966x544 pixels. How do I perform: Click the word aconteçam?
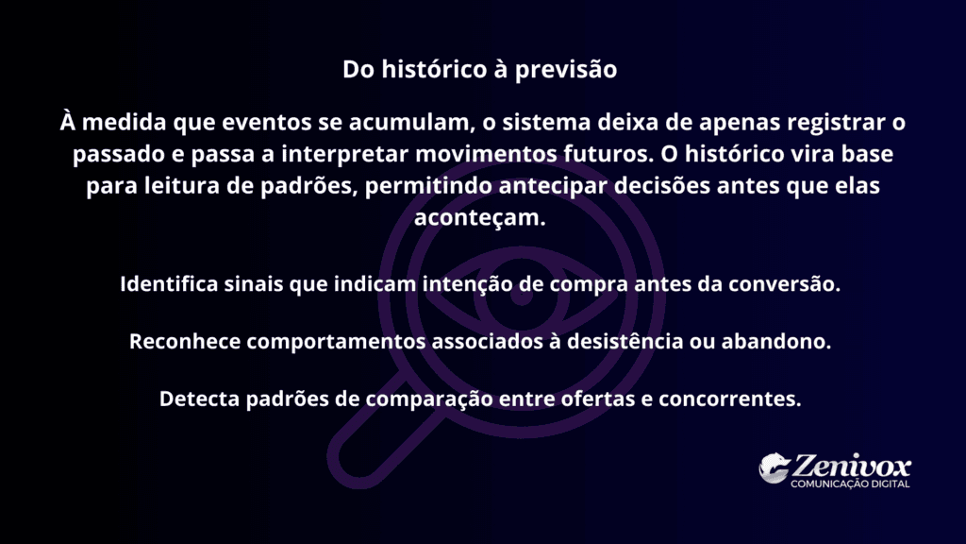pyautogui.click(x=481, y=217)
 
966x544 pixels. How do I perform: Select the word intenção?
pyautogui.click(x=470, y=284)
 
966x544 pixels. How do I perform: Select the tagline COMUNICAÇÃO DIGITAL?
pyautogui.click(x=850, y=484)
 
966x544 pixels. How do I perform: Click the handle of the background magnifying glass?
pyautogui.click(x=357, y=453)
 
